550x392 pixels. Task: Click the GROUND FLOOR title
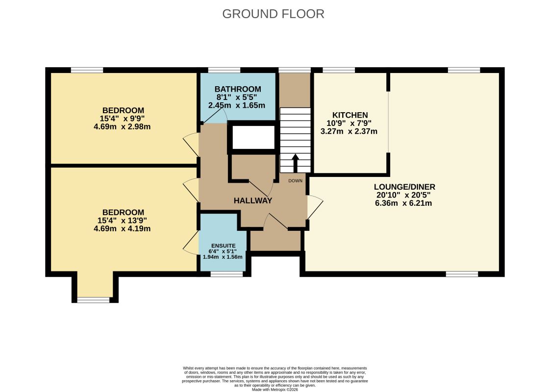pos(273,14)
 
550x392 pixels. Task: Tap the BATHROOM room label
pos(238,89)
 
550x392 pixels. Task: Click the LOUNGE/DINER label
pos(404,187)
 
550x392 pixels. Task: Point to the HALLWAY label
pos(252,200)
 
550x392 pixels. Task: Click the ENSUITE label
pos(223,245)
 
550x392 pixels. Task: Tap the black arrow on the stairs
pos(296,163)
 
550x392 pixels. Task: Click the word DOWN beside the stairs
pos(296,181)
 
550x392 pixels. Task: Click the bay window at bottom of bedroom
pos(93,299)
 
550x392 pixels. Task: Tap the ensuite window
pos(226,274)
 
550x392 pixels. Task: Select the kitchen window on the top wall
pos(339,70)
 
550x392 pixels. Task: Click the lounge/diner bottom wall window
pos(461,274)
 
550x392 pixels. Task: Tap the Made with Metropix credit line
pos(275,390)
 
